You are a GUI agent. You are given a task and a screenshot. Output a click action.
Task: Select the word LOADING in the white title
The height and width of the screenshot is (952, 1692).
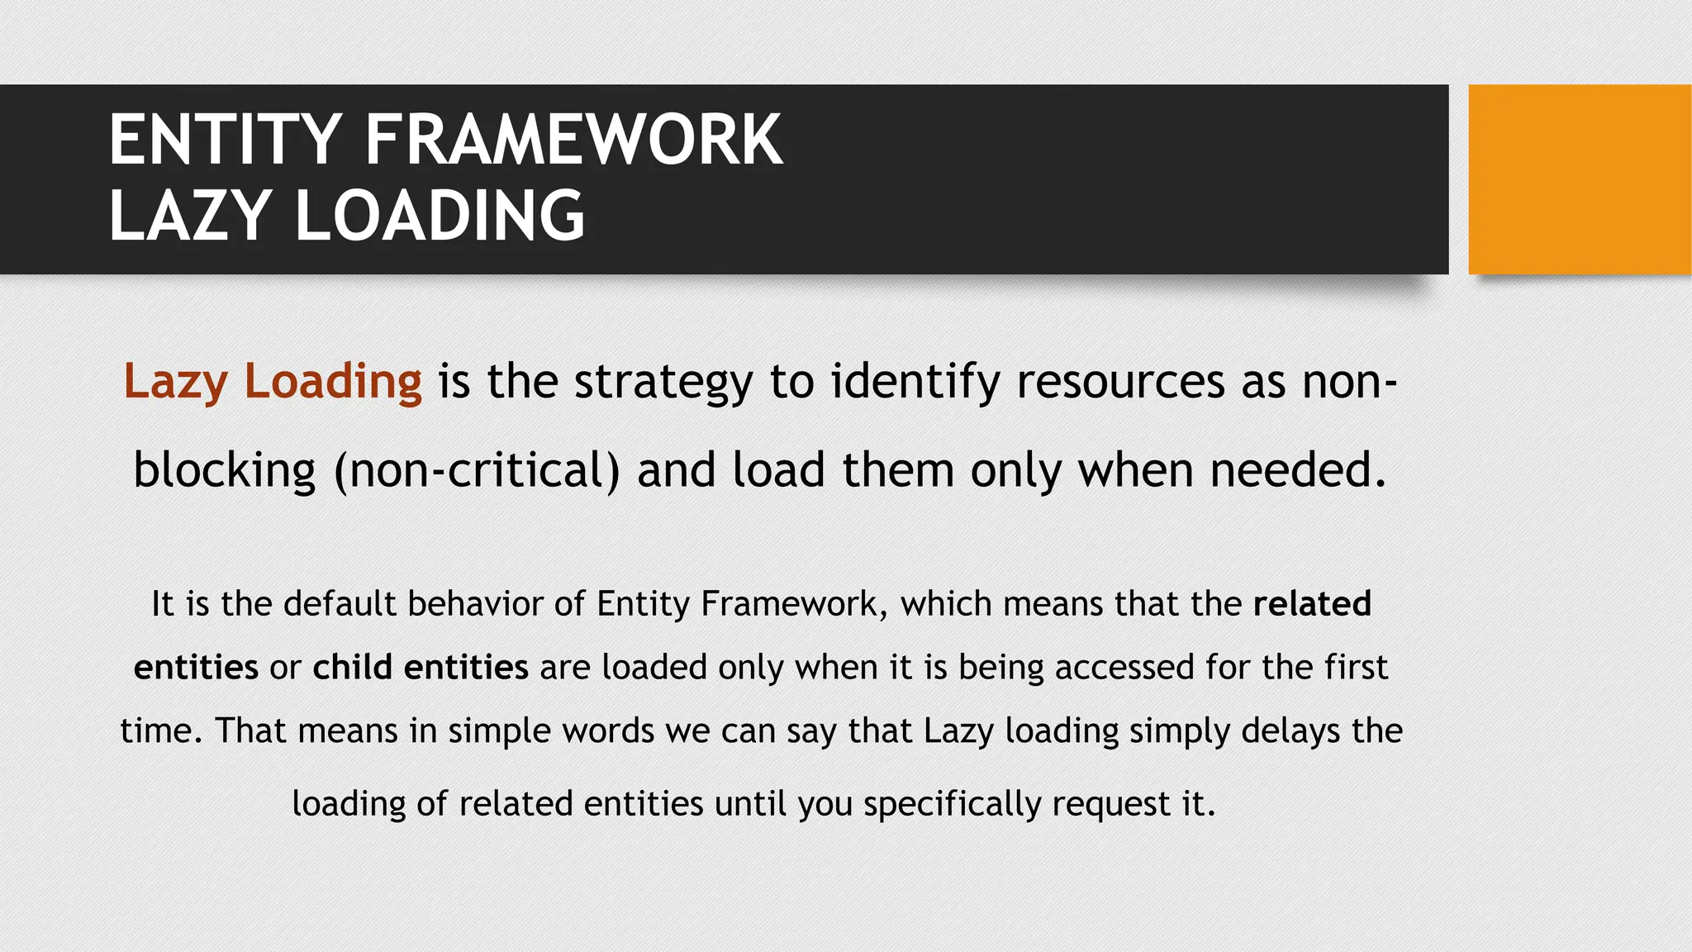click(x=440, y=216)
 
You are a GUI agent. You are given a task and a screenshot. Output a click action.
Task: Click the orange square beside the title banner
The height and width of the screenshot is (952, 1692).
click(x=1579, y=179)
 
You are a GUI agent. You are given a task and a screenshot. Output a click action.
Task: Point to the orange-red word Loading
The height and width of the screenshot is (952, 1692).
click(x=333, y=382)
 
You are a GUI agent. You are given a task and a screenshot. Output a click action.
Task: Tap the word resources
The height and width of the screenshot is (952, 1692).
click(x=1121, y=382)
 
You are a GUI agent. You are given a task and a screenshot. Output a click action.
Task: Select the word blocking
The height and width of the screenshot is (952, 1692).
click(x=225, y=471)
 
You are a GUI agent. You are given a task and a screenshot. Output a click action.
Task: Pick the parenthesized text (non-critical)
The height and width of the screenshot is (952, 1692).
click(x=477, y=471)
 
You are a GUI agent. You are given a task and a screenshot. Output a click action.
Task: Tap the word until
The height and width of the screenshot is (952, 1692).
click(x=750, y=803)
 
